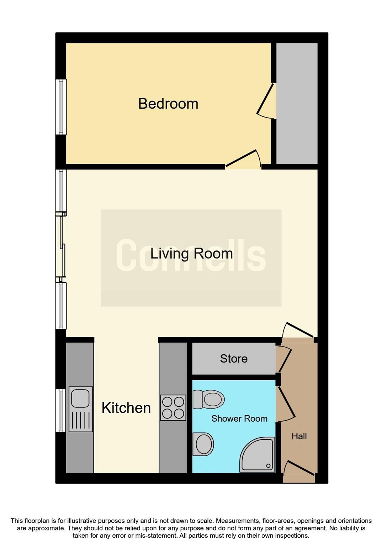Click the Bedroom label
168,104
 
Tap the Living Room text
191,254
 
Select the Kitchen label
126,408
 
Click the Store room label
233,359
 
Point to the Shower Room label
239,418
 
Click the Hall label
299,436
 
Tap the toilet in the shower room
208,399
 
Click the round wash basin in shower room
203,444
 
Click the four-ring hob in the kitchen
173,408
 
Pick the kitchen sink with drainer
81,409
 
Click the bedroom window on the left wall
61,107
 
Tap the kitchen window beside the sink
61,410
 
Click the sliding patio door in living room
61,246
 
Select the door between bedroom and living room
243,159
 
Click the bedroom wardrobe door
266,101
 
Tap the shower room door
286,403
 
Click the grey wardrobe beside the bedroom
297,103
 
